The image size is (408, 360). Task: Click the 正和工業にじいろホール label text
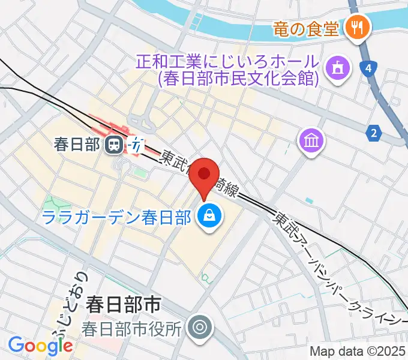[x=226, y=62]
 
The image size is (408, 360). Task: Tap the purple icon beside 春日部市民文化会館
[x=337, y=68]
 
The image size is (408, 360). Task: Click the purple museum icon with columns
[x=312, y=142]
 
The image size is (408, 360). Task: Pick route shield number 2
[x=374, y=133]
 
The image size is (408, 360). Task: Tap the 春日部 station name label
[x=76, y=145]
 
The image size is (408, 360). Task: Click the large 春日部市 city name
[x=123, y=304]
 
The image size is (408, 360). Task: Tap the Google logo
[x=40, y=346]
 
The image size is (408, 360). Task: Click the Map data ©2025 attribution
[x=358, y=351]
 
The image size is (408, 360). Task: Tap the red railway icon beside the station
[x=137, y=145]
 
